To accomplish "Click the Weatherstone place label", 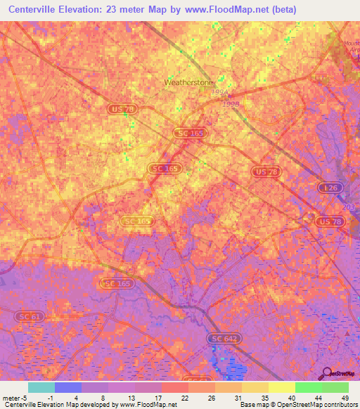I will pos(188,82).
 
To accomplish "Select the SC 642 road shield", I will pos(224,339).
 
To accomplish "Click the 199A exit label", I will pos(220,91).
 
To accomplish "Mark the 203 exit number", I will pos(347,207).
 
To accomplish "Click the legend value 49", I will pos(345,397).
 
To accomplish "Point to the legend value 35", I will pos(264,397).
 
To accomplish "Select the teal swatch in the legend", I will pos(41,387).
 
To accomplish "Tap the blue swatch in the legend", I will pos(67,387).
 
